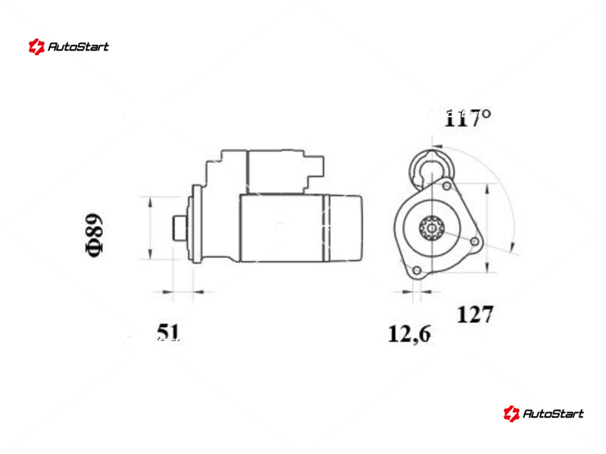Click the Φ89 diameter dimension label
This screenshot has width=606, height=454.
[94, 235]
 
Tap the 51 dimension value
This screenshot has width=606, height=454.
[168, 332]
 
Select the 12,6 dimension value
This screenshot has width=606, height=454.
[409, 334]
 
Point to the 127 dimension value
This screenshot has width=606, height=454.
[475, 314]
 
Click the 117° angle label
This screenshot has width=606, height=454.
[467, 118]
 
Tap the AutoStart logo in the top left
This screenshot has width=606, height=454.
[69, 47]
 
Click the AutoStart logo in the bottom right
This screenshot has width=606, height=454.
[543, 413]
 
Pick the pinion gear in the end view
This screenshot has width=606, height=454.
[432, 228]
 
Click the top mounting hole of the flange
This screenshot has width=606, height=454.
[446, 186]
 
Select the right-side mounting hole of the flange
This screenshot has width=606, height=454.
[475, 241]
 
